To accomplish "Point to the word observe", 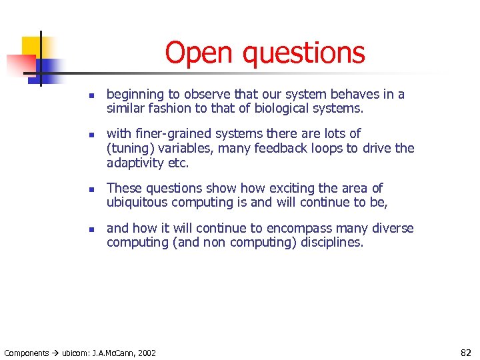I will [x=201, y=95].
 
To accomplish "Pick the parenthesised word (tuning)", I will [x=132, y=149].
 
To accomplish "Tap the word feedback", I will [x=287, y=148].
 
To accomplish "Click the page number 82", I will [x=466, y=352].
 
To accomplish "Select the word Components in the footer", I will [x=27, y=353].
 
